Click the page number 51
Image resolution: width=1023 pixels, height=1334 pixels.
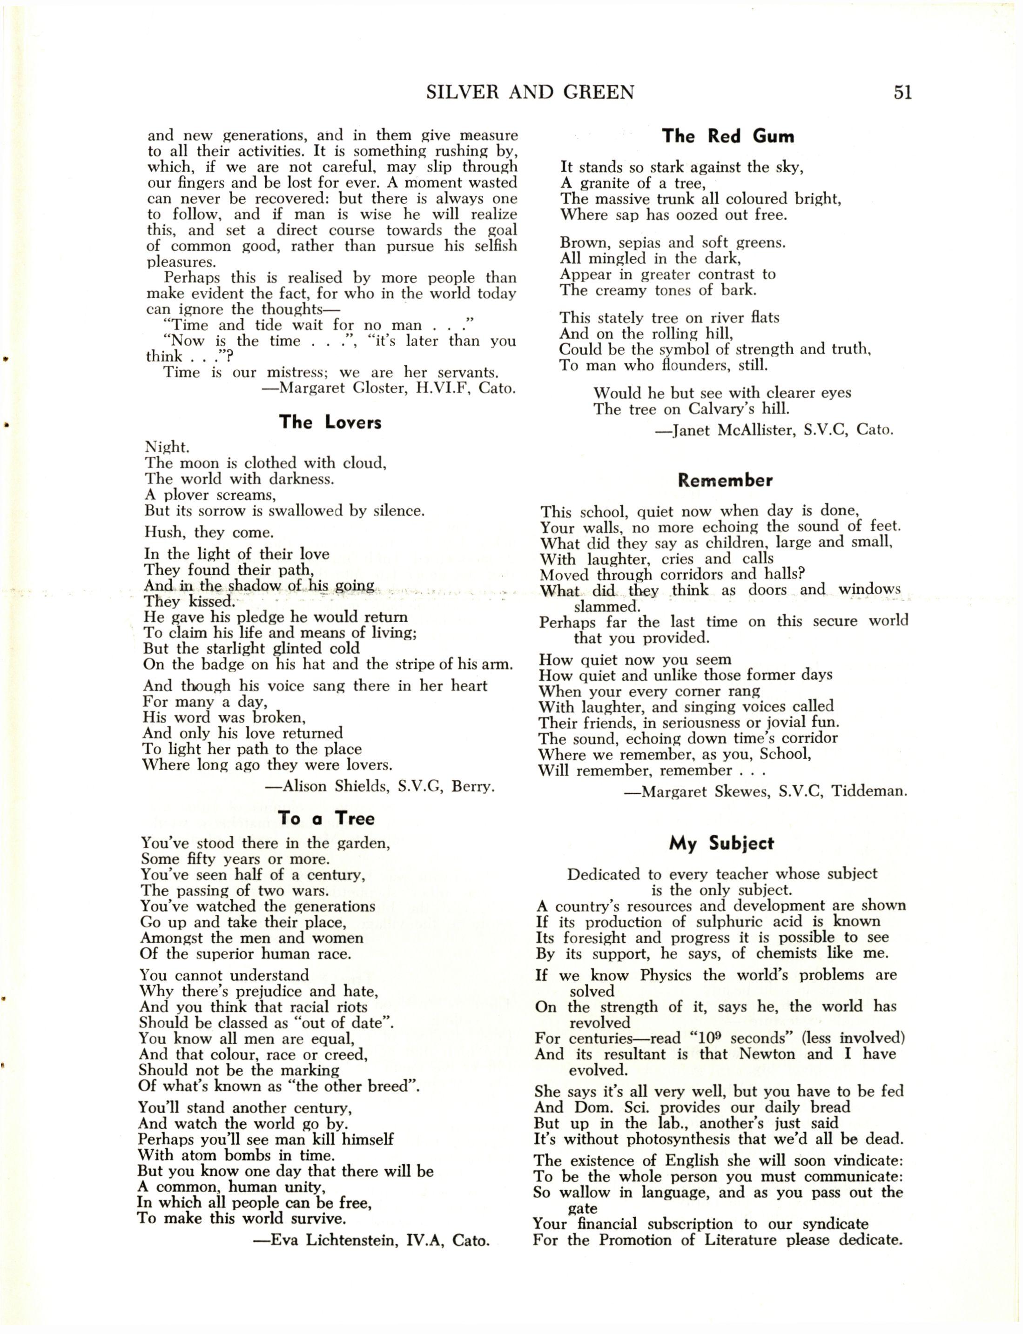point(902,93)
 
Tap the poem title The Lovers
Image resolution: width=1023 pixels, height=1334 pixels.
point(330,422)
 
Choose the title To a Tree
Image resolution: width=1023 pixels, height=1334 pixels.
point(326,818)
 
